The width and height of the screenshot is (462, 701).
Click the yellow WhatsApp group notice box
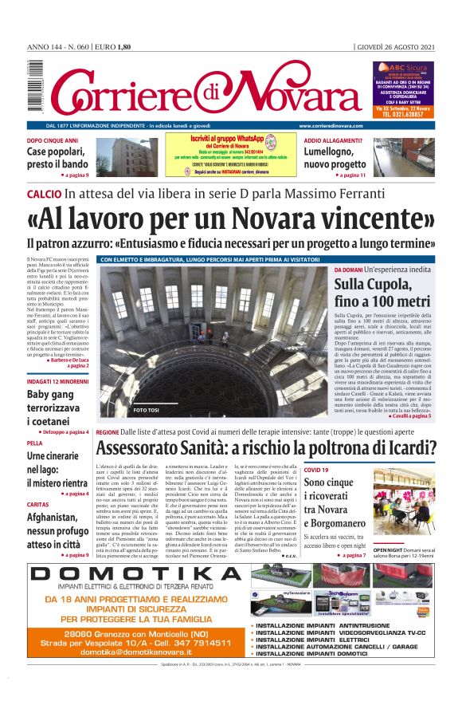click(x=230, y=155)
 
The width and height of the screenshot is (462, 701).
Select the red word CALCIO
click(x=43, y=194)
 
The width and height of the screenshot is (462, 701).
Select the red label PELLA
click(x=35, y=443)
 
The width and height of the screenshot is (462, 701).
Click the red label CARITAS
click(x=38, y=505)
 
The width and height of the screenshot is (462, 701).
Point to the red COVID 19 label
click(x=316, y=471)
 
